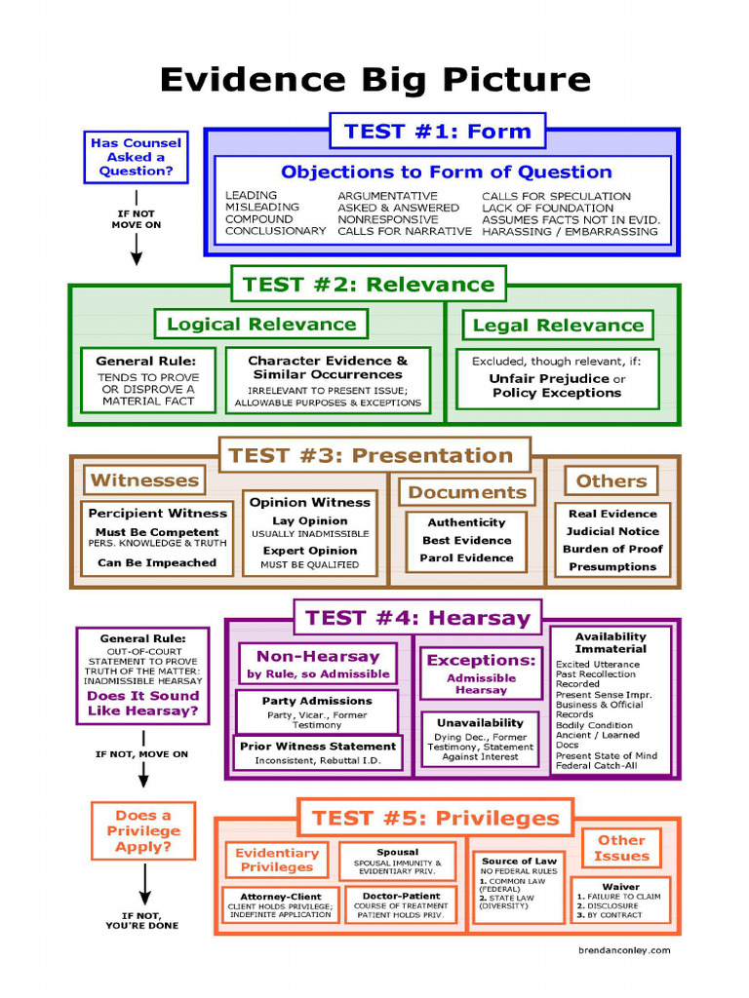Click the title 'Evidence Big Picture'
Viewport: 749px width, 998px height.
pyautogui.click(x=374, y=80)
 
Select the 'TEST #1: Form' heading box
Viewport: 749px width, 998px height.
pyautogui.click(x=437, y=131)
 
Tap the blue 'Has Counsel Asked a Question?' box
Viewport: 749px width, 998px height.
pyautogui.click(x=136, y=157)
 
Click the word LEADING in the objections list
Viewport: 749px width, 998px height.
pyautogui.click(x=251, y=196)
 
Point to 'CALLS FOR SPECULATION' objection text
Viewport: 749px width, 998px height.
pyautogui.click(x=556, y=196)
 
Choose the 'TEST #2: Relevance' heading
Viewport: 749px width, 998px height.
pyautogui.click(x=369, y=285)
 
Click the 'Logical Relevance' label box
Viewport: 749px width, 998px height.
pyautogui.click(x=261, y=325)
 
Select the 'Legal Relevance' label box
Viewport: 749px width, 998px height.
pyautogui.click(x=558, y=326)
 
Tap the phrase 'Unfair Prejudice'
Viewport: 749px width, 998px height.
pyautogui.click(x=549, y=378)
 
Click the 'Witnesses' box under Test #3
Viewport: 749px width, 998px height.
pyautogui.click(x=144, y=480)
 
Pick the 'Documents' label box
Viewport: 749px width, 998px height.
pyautogui.click(x=467, y=492)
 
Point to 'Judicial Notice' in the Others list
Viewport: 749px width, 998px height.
pyautogui.click(x=612, y=531)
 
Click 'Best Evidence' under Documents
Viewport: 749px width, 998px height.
pyautogui.click(x=466, y=540)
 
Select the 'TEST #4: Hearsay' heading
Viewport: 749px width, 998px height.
pyautogui.click(x=417, y=617)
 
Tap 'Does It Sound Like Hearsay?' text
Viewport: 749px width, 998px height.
pyautogui.click(x=142, y=704)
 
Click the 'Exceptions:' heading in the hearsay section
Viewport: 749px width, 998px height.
pyautogui.click(x=481, y=660)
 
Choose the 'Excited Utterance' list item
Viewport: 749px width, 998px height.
pyautogui.click(x=598, y=665)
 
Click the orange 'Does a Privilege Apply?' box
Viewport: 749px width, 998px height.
pyautogui.click(x=142, y=831)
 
